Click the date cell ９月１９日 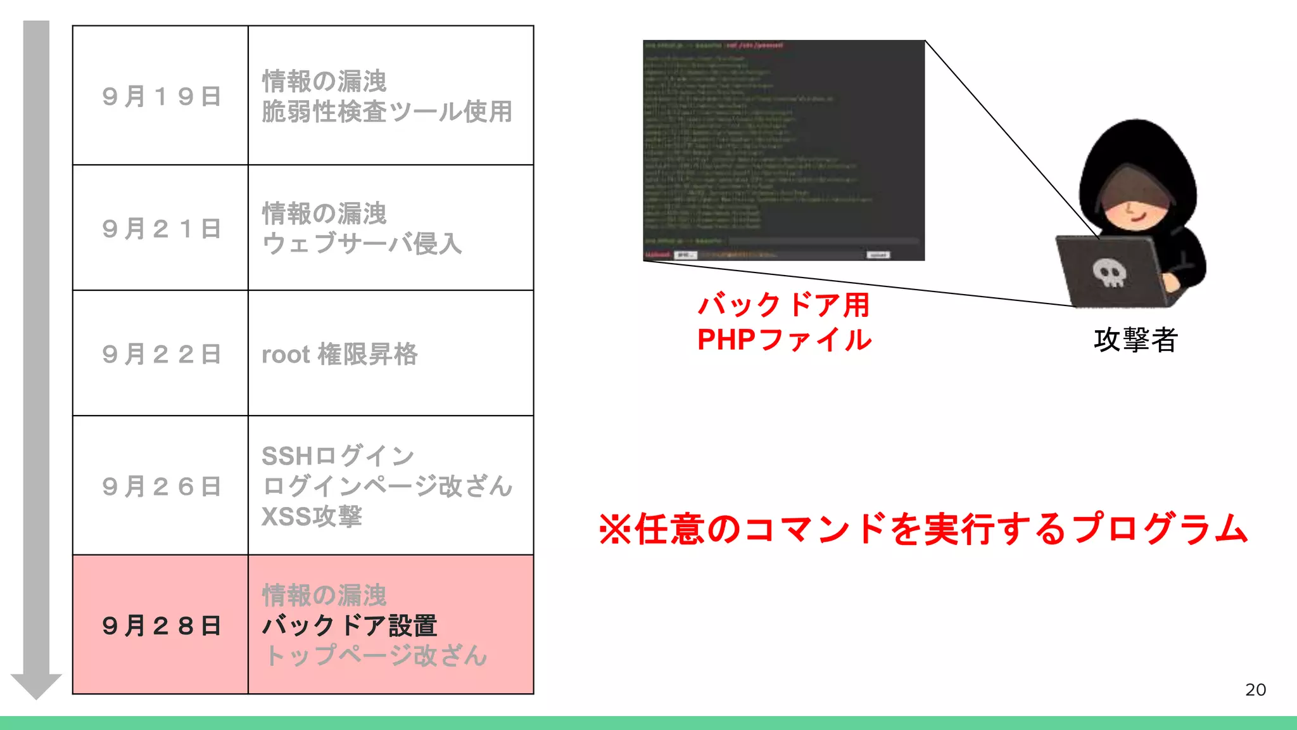(x=161, y=96)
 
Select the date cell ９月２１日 (x=161, y=229)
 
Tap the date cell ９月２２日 (x=161, y=354)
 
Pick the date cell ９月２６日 (x=161, y=487)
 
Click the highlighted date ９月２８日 (x=161, y=626)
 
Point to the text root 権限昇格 (x=339, y=354)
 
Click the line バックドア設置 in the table (x=350, y=626)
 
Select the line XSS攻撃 (x=312, y=517)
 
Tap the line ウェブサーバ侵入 (x=362, y=244)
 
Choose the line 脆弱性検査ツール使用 (x=387, y=112)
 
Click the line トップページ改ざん (x=376, y=656)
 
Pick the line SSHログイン (x=338, y=456)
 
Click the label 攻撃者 (x=1136, y=340)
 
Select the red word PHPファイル (x=784, y=340)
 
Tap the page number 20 (x=1255, y=689)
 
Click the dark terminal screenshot (x=784, y=150)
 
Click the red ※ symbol (x=615, y=529)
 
